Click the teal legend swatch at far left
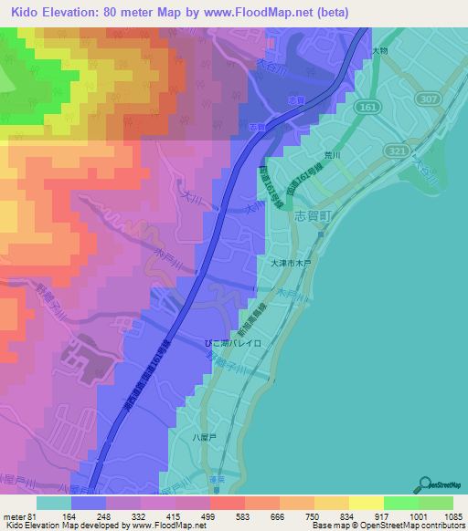pos(54,502)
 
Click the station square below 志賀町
pos(322,234)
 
